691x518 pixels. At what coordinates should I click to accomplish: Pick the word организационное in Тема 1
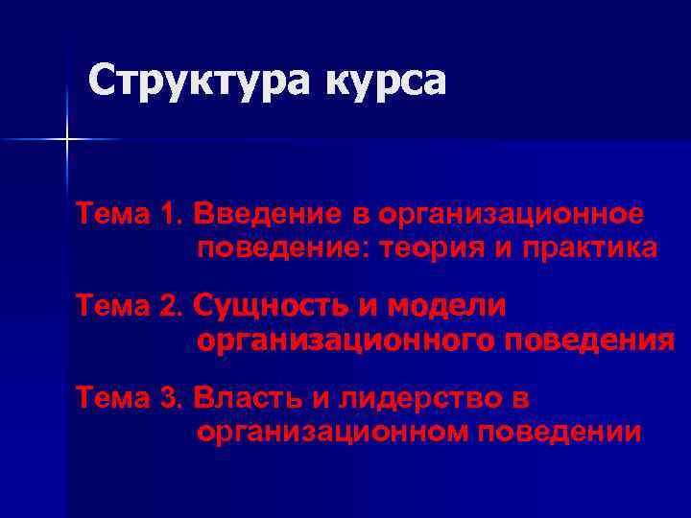(x=510, y=212)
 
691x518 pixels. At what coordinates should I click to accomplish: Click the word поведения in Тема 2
(x=588, y=341)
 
